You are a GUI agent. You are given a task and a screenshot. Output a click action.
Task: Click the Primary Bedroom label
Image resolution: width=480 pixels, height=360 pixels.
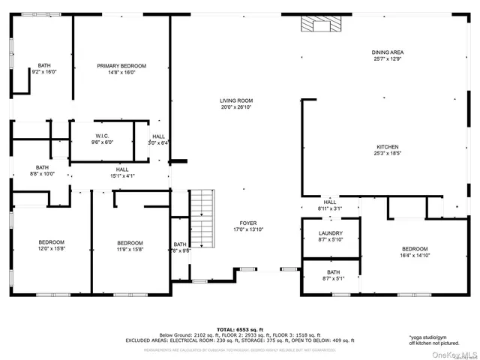[x=121, y=69]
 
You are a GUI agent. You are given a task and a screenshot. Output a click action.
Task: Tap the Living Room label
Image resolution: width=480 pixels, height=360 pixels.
[x=235, y=103]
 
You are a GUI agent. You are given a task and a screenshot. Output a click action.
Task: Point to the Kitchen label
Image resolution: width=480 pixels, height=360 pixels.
[x=387, y=150]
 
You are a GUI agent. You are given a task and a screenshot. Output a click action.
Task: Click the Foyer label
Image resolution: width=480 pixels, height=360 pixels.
[x=247, y=226]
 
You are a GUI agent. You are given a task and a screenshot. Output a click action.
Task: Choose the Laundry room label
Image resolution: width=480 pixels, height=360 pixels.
[x=331, y=236]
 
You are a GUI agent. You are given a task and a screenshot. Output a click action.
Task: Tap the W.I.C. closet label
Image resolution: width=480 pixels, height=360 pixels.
[x=102, y=139]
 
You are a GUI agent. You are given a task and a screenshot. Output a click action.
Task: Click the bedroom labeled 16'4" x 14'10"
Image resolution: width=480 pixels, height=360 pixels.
[x=414, y=252]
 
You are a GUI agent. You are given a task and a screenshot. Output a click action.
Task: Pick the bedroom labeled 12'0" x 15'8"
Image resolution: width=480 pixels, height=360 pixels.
[x=52, y=245]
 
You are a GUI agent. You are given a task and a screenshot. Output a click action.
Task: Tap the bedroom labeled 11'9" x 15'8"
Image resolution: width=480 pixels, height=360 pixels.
[x=130, y=245]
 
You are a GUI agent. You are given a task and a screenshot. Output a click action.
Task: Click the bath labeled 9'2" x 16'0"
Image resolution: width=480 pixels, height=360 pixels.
[x=44, y=69]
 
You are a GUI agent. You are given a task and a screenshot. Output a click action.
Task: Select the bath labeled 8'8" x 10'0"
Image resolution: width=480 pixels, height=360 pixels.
[x=42, y=170]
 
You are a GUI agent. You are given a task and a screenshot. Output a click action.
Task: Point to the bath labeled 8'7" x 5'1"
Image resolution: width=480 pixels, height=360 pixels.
[x=333, y=275]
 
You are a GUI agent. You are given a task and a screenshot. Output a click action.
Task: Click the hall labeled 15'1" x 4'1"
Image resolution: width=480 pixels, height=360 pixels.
[x=122, y=172]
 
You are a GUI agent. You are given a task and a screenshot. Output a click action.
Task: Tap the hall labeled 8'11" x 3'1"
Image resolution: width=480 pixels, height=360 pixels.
[x=330, y=205]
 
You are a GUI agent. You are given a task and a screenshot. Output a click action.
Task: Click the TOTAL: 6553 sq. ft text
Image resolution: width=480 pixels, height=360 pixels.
[x=239, y=328]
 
